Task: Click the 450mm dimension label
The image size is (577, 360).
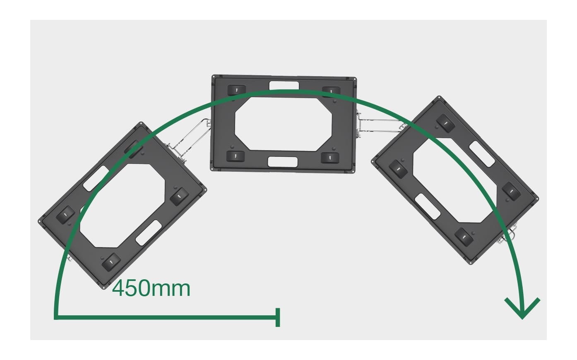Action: [151, 289]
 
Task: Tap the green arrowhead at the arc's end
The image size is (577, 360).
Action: [522, 308]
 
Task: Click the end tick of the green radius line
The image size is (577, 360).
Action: [278, 317]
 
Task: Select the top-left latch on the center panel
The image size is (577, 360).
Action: [237, 90]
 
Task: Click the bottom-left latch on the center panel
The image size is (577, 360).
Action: [236, 156]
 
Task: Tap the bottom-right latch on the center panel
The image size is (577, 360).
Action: [330, 158]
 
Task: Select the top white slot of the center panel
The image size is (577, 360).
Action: [284, 86]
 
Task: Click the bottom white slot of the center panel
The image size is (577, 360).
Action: [283, 162]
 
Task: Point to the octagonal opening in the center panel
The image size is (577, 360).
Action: [284, 124]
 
